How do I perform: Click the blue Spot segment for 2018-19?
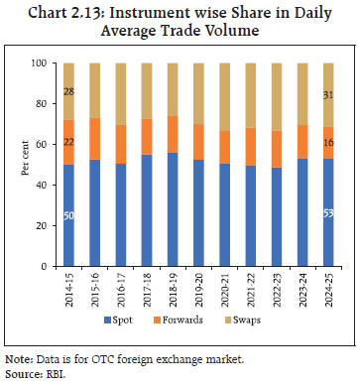click(x=174, y=209)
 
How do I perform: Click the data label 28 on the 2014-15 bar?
click(x=69, y=92)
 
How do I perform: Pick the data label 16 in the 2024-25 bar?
click(x=328, y=143)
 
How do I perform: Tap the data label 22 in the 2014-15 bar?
click(x=69, y=143)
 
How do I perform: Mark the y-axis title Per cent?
click(x=22, y=165)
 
